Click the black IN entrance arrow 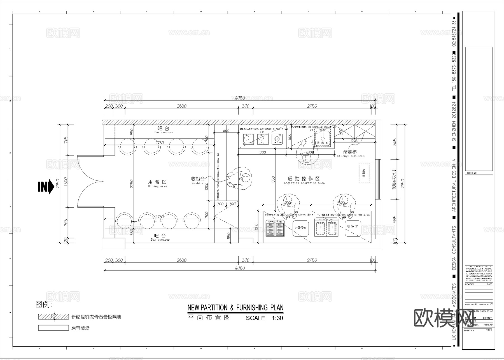click(46, 187)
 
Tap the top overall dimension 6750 click(240, 98)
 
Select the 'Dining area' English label click(157, 186)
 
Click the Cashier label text click(198, 183)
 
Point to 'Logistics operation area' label click(304, 183)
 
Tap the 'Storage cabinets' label click(351, 156)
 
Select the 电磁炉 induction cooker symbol click(353, 226)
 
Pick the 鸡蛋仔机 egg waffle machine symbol click(300, 228)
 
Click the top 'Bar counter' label click(164, 132)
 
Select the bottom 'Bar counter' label click(160, 240)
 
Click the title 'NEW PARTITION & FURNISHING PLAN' click(235, 308)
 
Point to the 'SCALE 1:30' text click(264, 318)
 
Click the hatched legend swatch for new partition click(53, 317)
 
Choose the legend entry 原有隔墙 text click(80, 328)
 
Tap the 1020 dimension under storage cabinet click(354, 140)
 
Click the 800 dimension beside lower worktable click(256, 226)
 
